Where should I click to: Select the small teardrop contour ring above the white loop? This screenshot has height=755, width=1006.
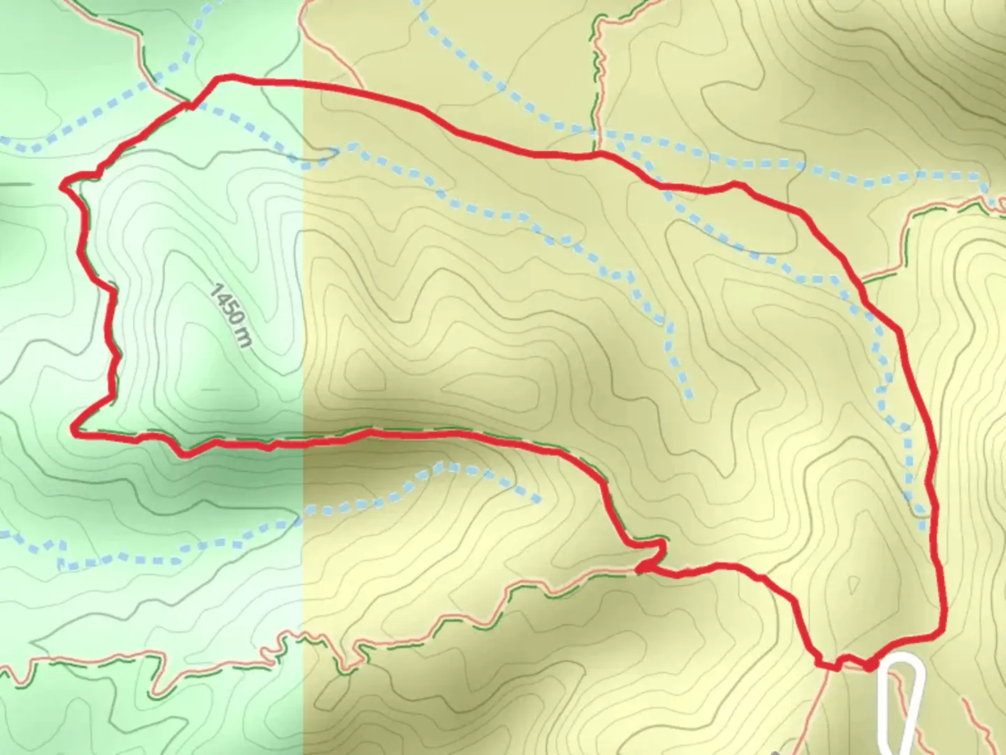[x=853, y=584]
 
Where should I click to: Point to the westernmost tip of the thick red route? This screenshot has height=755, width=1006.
[x=64, y=186]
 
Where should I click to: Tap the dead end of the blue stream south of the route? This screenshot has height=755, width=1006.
[x=537, y=498]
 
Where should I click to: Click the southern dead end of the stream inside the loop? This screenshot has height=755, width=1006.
[x=690, y=395]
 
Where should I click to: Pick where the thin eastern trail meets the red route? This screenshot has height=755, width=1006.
[x=864, y=282]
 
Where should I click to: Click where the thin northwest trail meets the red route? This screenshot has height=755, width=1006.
[x=189, y=106]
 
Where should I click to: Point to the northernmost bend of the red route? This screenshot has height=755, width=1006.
[x=222, y=78]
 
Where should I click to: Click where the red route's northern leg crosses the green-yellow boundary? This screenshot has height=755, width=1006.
[x=303, y=85]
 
